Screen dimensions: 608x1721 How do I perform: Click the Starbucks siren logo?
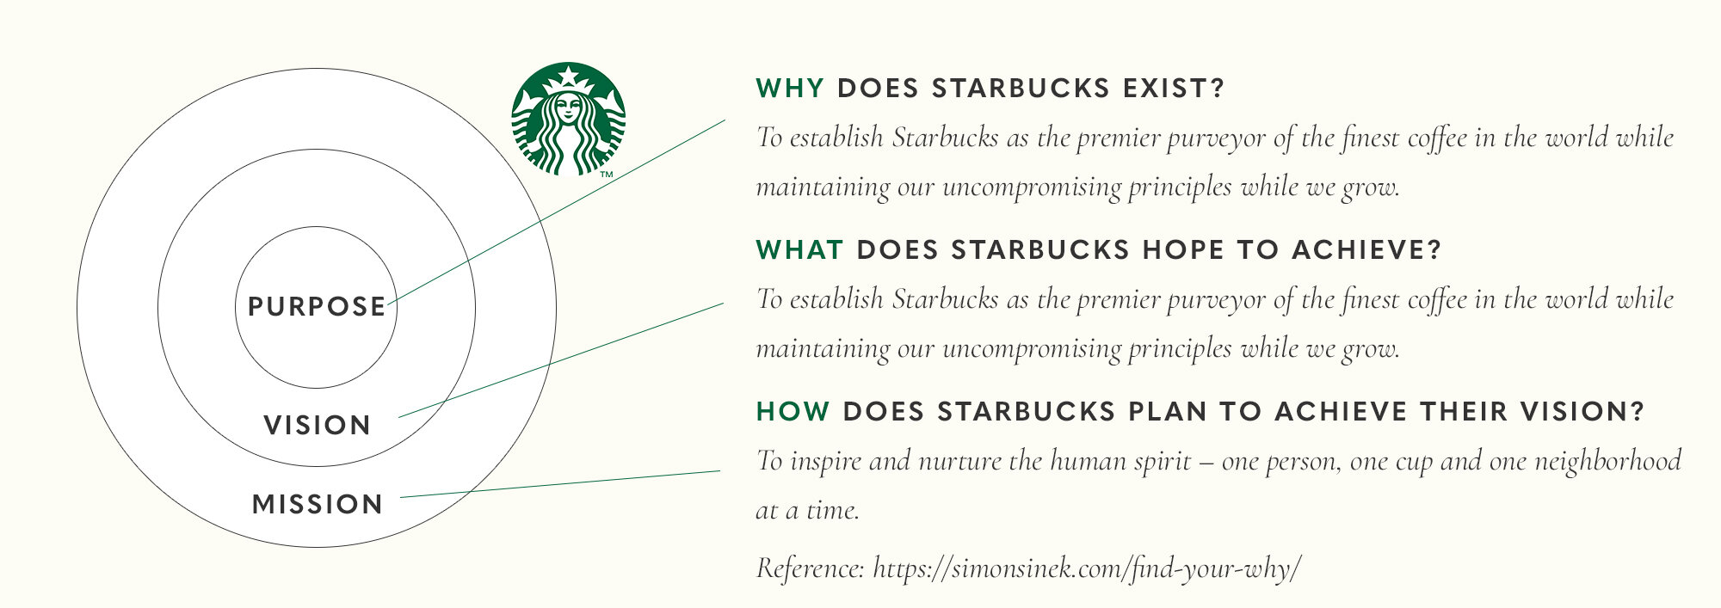568,119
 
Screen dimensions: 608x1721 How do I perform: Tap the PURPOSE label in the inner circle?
317,307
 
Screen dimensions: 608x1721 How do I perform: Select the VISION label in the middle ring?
317,425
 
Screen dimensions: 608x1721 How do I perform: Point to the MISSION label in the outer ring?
317,504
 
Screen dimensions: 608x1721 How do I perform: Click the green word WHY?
790,89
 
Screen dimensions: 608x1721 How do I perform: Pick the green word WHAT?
799,250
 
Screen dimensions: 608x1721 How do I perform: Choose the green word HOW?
793,412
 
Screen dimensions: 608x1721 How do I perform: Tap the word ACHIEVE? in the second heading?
1366,250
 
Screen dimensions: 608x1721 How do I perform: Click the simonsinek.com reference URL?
1087,568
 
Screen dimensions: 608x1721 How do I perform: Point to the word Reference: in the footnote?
810,568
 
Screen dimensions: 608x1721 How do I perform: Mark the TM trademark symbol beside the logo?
606,175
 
